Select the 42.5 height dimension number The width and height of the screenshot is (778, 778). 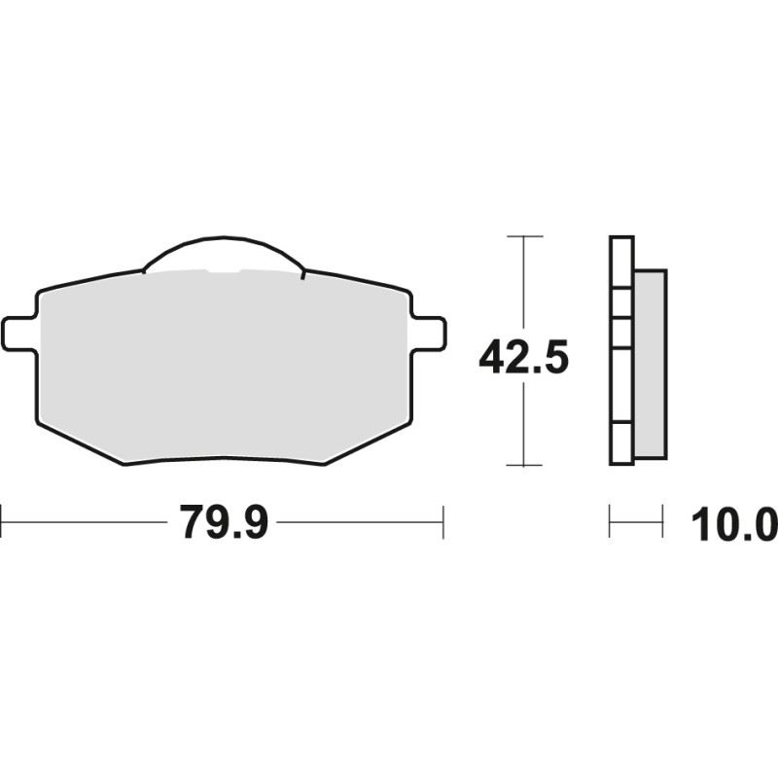(x=523, y=358)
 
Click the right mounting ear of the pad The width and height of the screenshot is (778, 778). (x=430, y=333)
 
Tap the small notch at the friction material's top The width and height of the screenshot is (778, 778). (x=224, y=271)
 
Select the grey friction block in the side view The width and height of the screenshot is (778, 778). (x=651, y=365)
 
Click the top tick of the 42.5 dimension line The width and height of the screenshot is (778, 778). (x=525, y=236)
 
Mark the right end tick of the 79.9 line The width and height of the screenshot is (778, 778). (x=443, y=522)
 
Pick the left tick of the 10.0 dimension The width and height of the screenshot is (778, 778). (x=610, y=522)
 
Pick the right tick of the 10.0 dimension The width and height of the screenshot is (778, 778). (x=662, y=522)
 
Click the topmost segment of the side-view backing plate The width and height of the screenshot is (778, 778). (x=621, y=262)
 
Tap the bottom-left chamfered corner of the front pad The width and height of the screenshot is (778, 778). (x=78, y=442)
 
